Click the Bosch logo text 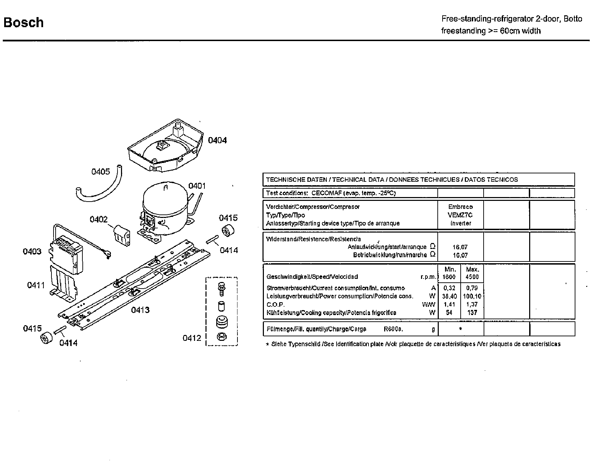point(23,23)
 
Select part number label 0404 point(217,140)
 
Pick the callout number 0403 point(32,251)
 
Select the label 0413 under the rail point(140,310)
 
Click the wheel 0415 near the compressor point(228,231)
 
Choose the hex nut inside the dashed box point(221,336)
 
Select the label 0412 point(192,338)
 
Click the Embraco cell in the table point(460,207)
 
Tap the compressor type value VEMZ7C point(460,215)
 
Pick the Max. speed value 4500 point(472,277)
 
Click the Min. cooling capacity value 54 point(449,313)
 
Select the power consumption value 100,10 point(472,296)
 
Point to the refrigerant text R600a point(393,329)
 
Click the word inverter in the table point(460,223)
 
